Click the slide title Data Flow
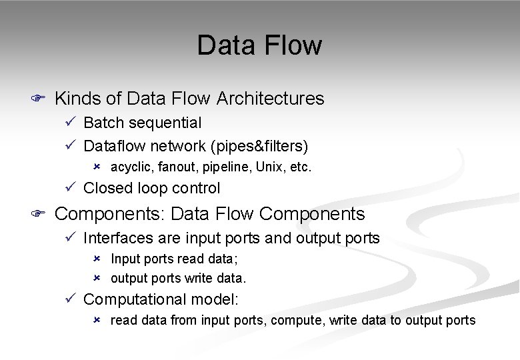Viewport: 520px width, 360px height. (x=259, y=45)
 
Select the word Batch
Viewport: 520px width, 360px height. (x=102, y=123)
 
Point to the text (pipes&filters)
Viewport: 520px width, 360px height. (x=267, y=145)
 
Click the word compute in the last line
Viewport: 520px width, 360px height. (x=297, y=321)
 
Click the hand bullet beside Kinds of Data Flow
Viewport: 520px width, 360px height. (x=38, y=99)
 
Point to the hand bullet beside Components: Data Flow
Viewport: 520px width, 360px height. (x=38, y=214)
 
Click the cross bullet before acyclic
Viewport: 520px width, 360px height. (x=97, y=165)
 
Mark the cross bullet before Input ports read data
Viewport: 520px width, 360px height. (x=97, y=258)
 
